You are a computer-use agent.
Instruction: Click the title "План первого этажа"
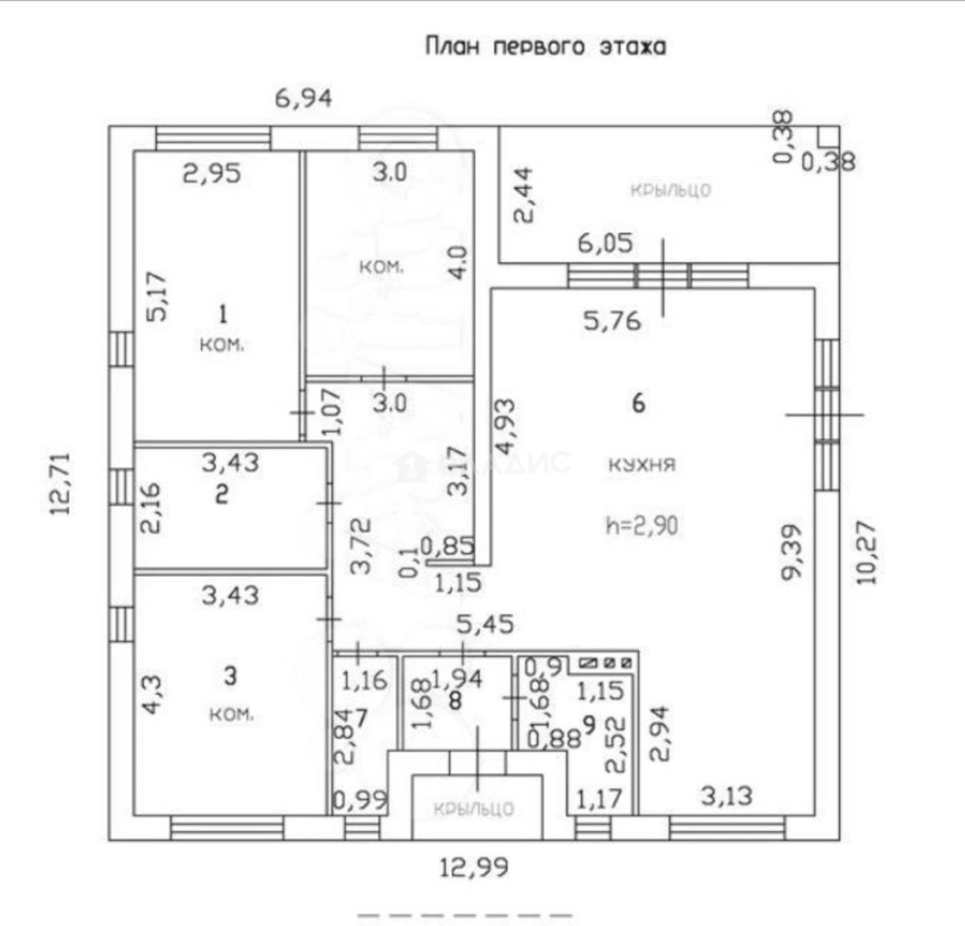click(545, 46)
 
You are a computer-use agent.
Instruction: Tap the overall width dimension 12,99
click(474, 869)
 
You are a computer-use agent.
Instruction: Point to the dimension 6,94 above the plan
click(303, 99)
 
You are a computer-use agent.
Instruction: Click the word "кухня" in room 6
click(642, 466)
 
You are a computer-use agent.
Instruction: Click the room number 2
click(221, 496)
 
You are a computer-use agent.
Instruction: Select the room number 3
click(229, 676)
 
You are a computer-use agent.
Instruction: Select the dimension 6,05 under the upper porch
click(605, 244)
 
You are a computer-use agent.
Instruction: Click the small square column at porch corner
click(827, 137)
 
